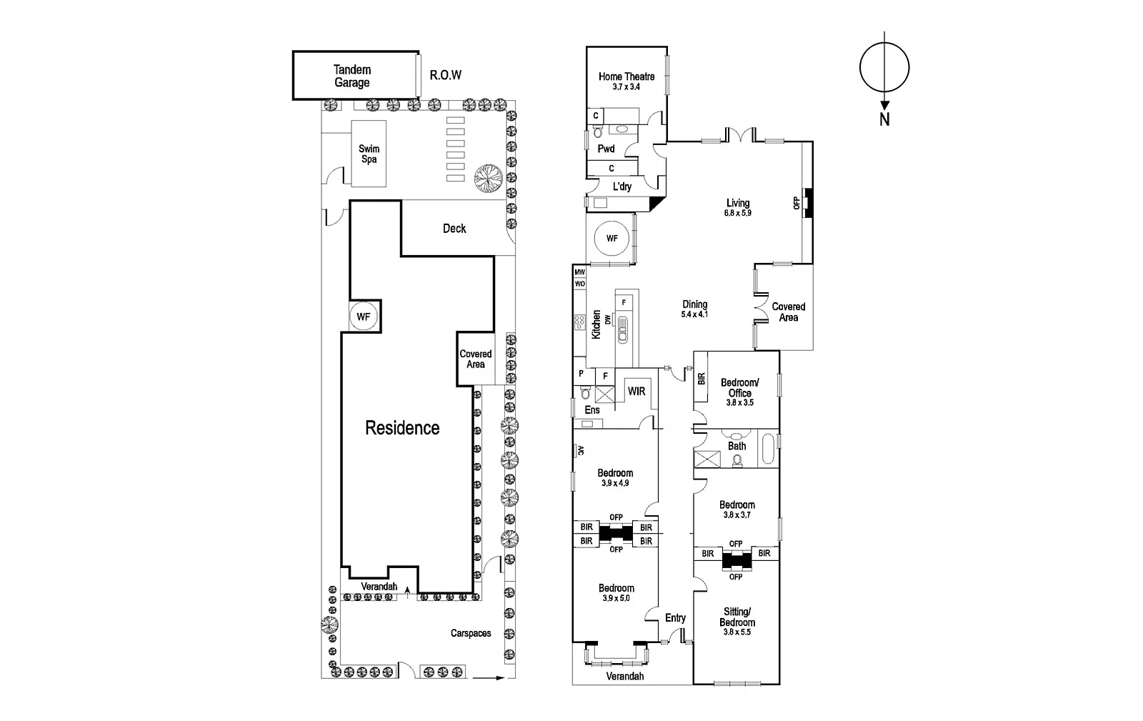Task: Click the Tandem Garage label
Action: [x=352, y=76]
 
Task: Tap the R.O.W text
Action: [x=445, y=75]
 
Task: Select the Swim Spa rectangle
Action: [x=369, y=154]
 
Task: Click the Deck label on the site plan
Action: [x=454, y=229]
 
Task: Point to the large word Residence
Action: [x=402, y=428]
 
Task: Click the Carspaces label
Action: [x=471, y=633]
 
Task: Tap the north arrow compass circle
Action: [x=884, y=69]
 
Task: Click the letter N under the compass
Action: [x=884, y=120]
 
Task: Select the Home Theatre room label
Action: [x=627, y=76]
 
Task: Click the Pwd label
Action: [x=606, y=149]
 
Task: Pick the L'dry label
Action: [x=622, y=187]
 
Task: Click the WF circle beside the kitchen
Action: [x=612, y=239]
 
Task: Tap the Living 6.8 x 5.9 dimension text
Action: [x=738, y=213]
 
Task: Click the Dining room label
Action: [x=694, y=304]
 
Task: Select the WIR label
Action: [x=637, y=392]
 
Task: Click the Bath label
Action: [x=737, y=446]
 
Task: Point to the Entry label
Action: [x=675, y=618]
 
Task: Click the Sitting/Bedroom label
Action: [x=737, y=617]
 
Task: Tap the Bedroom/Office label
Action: [x=739, y=388]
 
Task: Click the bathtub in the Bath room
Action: [x=769, y=449]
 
